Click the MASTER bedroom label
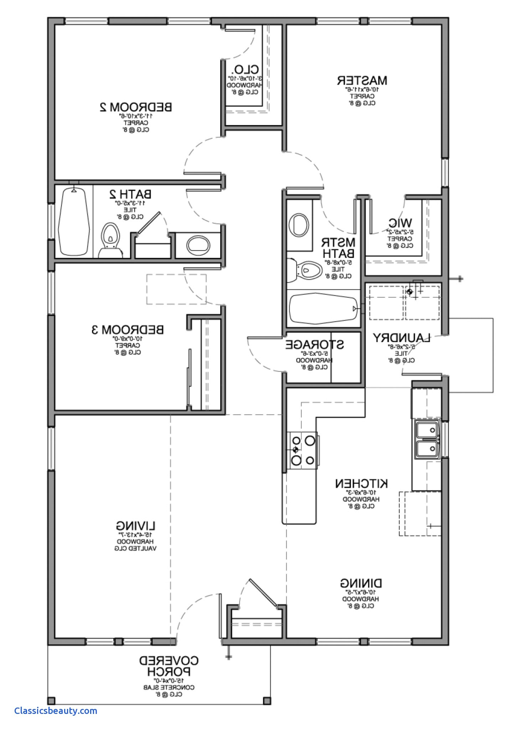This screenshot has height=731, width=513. (362, 80)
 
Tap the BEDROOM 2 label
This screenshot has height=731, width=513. (136, 107)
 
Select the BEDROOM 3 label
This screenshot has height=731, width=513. (128, 330)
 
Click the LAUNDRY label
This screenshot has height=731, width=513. (401, 337)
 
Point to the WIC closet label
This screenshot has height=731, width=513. (400, 223)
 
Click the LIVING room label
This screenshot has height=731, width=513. (136, 525)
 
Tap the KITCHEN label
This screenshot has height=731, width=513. (361, 483)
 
